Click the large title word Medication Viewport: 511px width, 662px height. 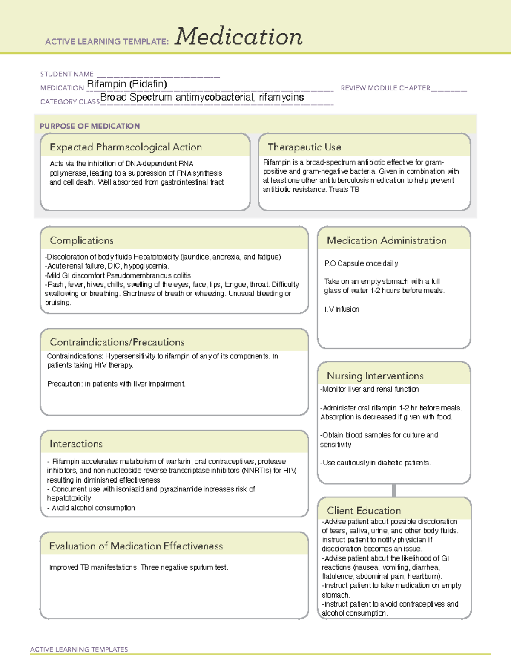(x=238, y=37)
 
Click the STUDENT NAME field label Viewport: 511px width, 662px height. (x=67, y=74)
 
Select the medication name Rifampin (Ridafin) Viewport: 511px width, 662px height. (x=127, y=84)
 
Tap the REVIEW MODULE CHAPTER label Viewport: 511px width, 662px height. (x=385, y=88)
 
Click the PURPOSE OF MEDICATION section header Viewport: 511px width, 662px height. (x=90, y=126)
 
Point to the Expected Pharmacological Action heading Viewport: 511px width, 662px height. (x=126, y=147)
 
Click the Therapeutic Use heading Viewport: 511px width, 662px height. (x=304, y=147)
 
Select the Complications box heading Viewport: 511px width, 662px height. (x=82, y=240)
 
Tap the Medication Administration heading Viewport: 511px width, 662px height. (x=387, y=240)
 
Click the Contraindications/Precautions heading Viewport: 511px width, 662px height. (x=117, y=342)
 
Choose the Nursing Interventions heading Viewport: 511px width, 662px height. (x=375, y=376)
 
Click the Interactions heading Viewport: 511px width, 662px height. (x=76, y=444)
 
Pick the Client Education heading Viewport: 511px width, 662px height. (x=364, y=510)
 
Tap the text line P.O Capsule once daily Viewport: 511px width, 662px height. (x=361, y=263)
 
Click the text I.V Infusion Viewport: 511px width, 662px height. (x=342, y=309)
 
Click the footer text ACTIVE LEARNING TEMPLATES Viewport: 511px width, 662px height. (x=79, y=649)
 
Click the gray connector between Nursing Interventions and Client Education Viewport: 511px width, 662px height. (x=394, y=490)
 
